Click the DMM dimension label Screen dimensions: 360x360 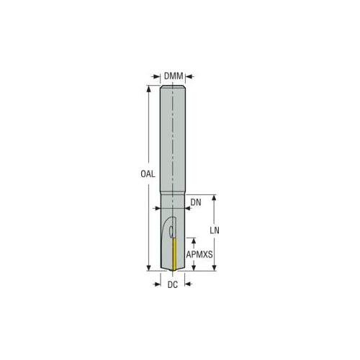[x=174, y=76]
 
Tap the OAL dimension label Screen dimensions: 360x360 [x=148, y=174]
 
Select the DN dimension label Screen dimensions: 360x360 [x=196, y=202]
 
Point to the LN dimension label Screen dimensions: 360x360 [x=215, y=230]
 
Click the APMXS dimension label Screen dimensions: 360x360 [x=199, y=254]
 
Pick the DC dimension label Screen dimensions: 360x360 [x=173, y=285]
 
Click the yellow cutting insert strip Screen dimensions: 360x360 [x=174, y=254]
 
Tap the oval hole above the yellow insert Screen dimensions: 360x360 [x=171, y=232]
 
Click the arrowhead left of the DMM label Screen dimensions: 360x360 [x=157, y=76]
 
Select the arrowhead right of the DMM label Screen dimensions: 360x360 [x=189, y=76]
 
